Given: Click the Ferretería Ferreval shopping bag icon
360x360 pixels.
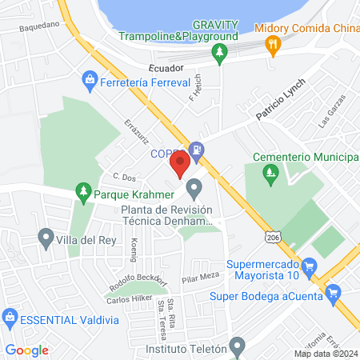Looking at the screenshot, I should (89, 81).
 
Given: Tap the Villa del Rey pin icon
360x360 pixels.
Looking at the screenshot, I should (46, 238).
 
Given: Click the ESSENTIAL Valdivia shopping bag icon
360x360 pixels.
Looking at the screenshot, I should (10, 319).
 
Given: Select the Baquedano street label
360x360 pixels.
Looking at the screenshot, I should (41, 25).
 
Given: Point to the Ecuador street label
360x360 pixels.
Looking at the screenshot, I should (166, 69).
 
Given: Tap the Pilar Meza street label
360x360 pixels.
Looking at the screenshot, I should (200, 278).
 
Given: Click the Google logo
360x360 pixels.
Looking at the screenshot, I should (27, 350).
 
